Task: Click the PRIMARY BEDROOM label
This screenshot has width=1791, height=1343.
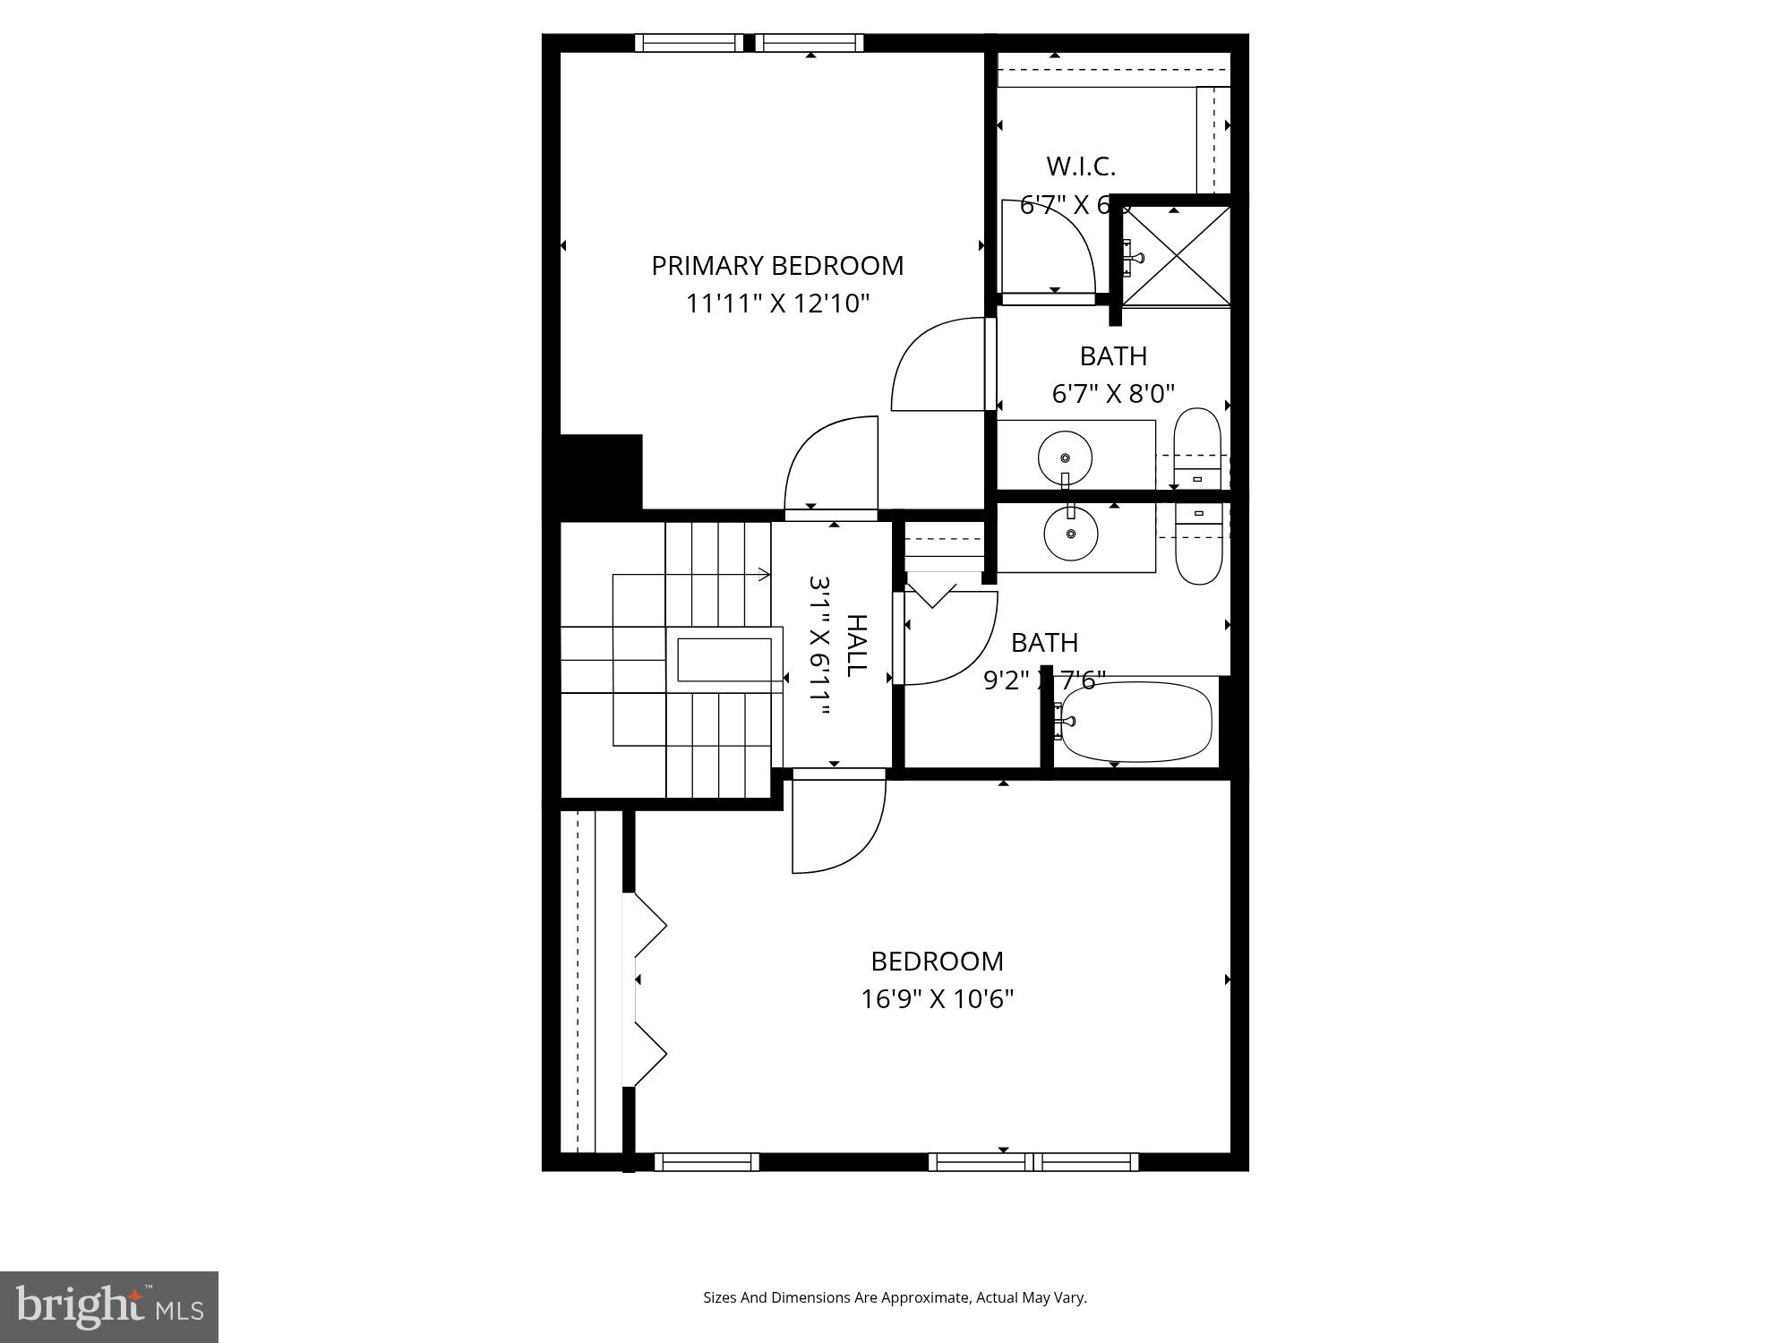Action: click(776, 266)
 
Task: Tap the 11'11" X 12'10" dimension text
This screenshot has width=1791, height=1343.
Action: click(777, 304)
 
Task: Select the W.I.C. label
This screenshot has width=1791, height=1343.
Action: click(1081, 167)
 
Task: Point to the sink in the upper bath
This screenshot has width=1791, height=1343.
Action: click(1065, 458)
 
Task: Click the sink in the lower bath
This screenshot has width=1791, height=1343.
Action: click(1070, 534)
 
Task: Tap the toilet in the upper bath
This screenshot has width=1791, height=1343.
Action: click(1197, 448)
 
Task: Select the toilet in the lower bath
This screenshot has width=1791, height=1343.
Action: click(1198, 543)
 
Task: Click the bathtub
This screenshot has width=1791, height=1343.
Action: click(1135, 722)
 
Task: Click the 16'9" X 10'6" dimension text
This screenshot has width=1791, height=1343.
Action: click(937, 998)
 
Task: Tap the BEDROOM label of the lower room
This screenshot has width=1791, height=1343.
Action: click(937, 961)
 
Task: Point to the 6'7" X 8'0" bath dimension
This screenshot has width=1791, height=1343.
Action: click(1113, 394)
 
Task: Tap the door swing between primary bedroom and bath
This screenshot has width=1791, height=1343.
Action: click(938, 364)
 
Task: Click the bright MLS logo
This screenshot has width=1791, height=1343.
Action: click(108, 1307)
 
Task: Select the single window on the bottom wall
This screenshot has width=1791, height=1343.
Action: click(707, 1162)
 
